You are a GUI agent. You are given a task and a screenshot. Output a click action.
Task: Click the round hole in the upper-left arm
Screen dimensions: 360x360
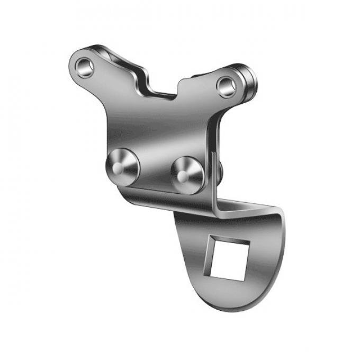click(x=84, y=67)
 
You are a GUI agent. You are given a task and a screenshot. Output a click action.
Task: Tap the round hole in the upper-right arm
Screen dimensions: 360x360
click(x=227, y=86)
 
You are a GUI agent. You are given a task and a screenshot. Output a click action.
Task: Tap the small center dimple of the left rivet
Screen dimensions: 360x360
click(x=118, y=168)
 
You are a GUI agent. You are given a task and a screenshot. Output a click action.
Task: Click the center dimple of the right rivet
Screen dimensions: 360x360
click(x=182, y=176)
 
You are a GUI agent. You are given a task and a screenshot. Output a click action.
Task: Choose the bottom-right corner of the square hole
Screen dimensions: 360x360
click(x=243, y=279)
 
